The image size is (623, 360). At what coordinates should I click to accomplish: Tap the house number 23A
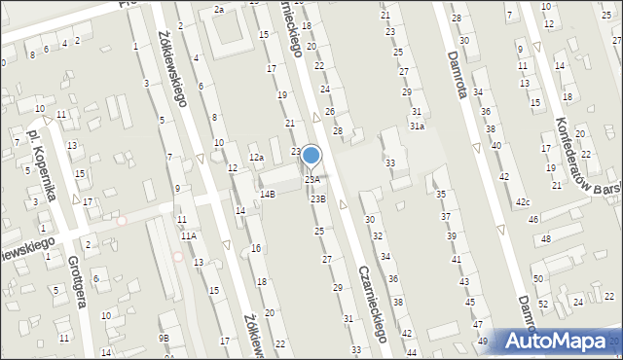(x=312, y=179)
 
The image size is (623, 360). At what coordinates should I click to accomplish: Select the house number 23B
(x=318, y=198)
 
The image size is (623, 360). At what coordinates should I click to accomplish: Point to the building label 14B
(x=267, y=195)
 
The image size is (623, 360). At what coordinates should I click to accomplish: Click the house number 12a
(x=256, y=158)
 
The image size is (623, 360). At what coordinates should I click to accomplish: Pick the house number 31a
(x=417, y=126)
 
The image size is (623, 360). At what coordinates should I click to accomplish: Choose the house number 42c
(x=523, y=202)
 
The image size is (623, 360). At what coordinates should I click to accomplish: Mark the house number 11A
(x=188, y=235)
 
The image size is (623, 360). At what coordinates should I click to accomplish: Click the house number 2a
(x=219, y=9)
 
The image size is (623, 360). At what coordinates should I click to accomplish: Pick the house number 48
(x=547, y=239)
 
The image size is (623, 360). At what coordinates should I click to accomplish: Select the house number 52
(x=543, y=305)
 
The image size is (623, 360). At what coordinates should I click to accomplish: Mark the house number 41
(x=456, y=259)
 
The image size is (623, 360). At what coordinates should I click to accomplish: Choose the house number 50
(x=537, y=279)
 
